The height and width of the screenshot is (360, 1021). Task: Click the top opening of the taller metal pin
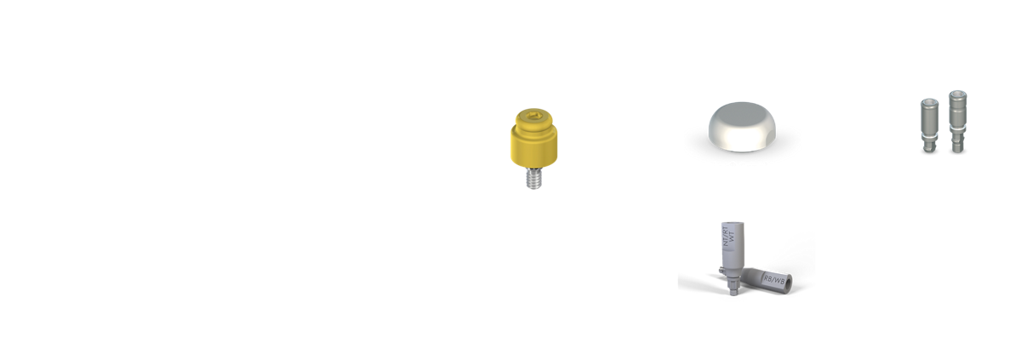coord(958,91)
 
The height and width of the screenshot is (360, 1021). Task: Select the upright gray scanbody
coord(729,251)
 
